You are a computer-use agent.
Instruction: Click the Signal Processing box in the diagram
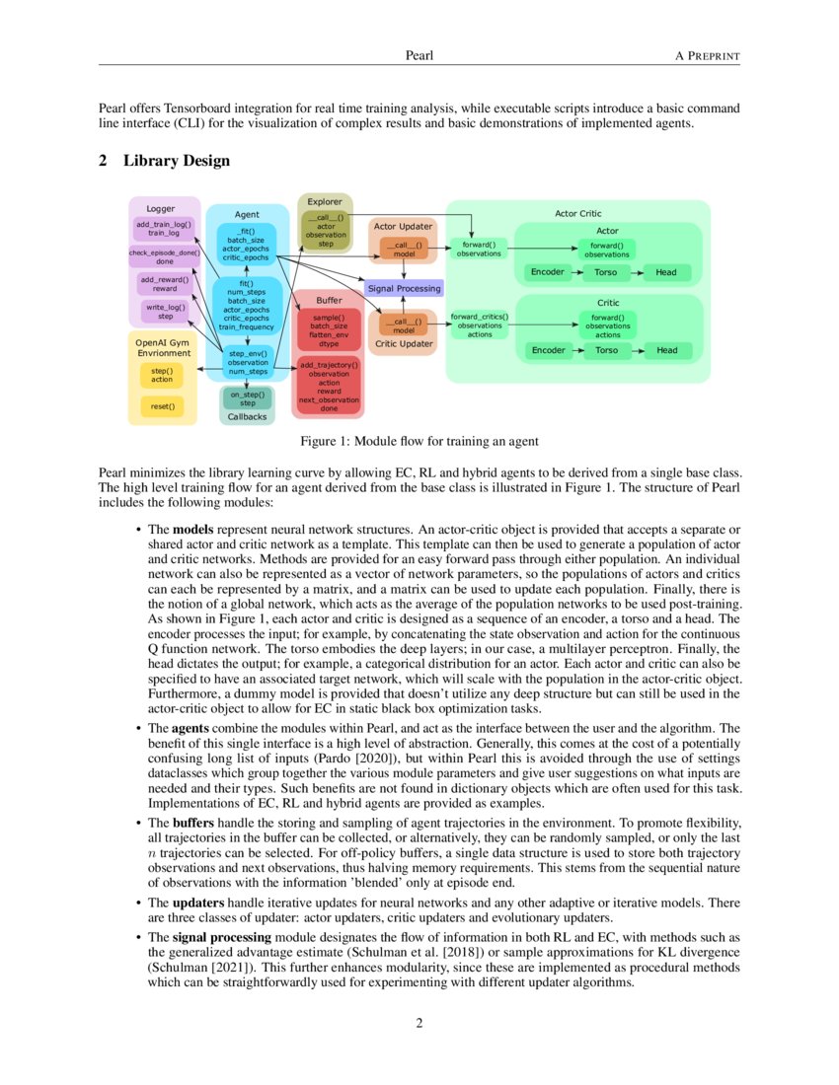click(x=405, y=288)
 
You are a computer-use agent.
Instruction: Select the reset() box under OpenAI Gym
click(x=162, y=405)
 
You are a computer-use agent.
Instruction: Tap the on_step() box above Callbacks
click(x=248, y=398)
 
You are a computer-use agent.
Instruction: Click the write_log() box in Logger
click(x=165, y=313)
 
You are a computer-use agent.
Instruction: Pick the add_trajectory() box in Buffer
click(x=329, y=386)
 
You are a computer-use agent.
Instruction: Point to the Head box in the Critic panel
click(x=667, y=350)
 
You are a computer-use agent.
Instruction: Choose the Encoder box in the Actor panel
click(x=548, y=272)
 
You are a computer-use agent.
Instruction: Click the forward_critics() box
click(x=480, y=325)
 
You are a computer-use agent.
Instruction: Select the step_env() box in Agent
click(x=248, y=362)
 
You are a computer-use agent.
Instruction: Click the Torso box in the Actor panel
click(x=607, y=272)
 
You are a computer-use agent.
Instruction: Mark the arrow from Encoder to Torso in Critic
click(x=576, y=350)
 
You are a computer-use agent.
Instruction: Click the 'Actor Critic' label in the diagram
click(x=578, y=213)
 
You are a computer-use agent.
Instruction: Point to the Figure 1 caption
click(x=419, y=440)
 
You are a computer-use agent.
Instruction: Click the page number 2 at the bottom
click(x=419, y=1023)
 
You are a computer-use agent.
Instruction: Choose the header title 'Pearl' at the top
click(x=419, y=55)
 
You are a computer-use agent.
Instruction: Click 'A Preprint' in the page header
click(x=707, y=55)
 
